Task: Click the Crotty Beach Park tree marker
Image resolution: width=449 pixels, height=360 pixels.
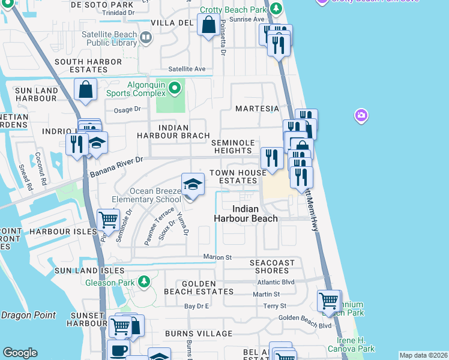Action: click(x=276, y=8)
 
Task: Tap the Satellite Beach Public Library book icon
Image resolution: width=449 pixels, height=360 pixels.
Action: click(x=145, y=39)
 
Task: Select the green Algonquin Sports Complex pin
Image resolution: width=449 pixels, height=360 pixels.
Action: click(x=175, y=89)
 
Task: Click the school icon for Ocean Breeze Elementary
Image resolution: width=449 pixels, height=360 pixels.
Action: click(x=193, y=185)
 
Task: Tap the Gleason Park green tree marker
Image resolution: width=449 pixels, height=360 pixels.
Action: click(x=143, y=281)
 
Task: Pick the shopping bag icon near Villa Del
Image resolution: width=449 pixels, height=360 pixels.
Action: click(x=208, y=26)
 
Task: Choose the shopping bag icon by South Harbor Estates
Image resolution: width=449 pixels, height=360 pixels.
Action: click(x=86, y=90)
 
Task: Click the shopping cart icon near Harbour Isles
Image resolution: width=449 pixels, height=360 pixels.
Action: click(x=109, y=220)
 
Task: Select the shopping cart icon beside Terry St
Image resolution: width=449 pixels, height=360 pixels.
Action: click(x=329, y=301)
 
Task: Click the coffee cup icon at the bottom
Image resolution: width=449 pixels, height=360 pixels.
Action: click(x=118, y=350)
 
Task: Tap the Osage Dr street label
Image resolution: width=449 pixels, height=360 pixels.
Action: click(x=127, y=110)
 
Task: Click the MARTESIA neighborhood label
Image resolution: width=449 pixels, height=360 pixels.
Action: click(x=257, y=109)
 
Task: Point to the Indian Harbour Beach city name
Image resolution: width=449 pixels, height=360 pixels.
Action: click(x=246, y=214)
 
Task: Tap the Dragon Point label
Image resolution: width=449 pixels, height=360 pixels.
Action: click(x=28, y=315)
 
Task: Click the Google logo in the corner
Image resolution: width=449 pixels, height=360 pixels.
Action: click(x=20, y=353)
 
